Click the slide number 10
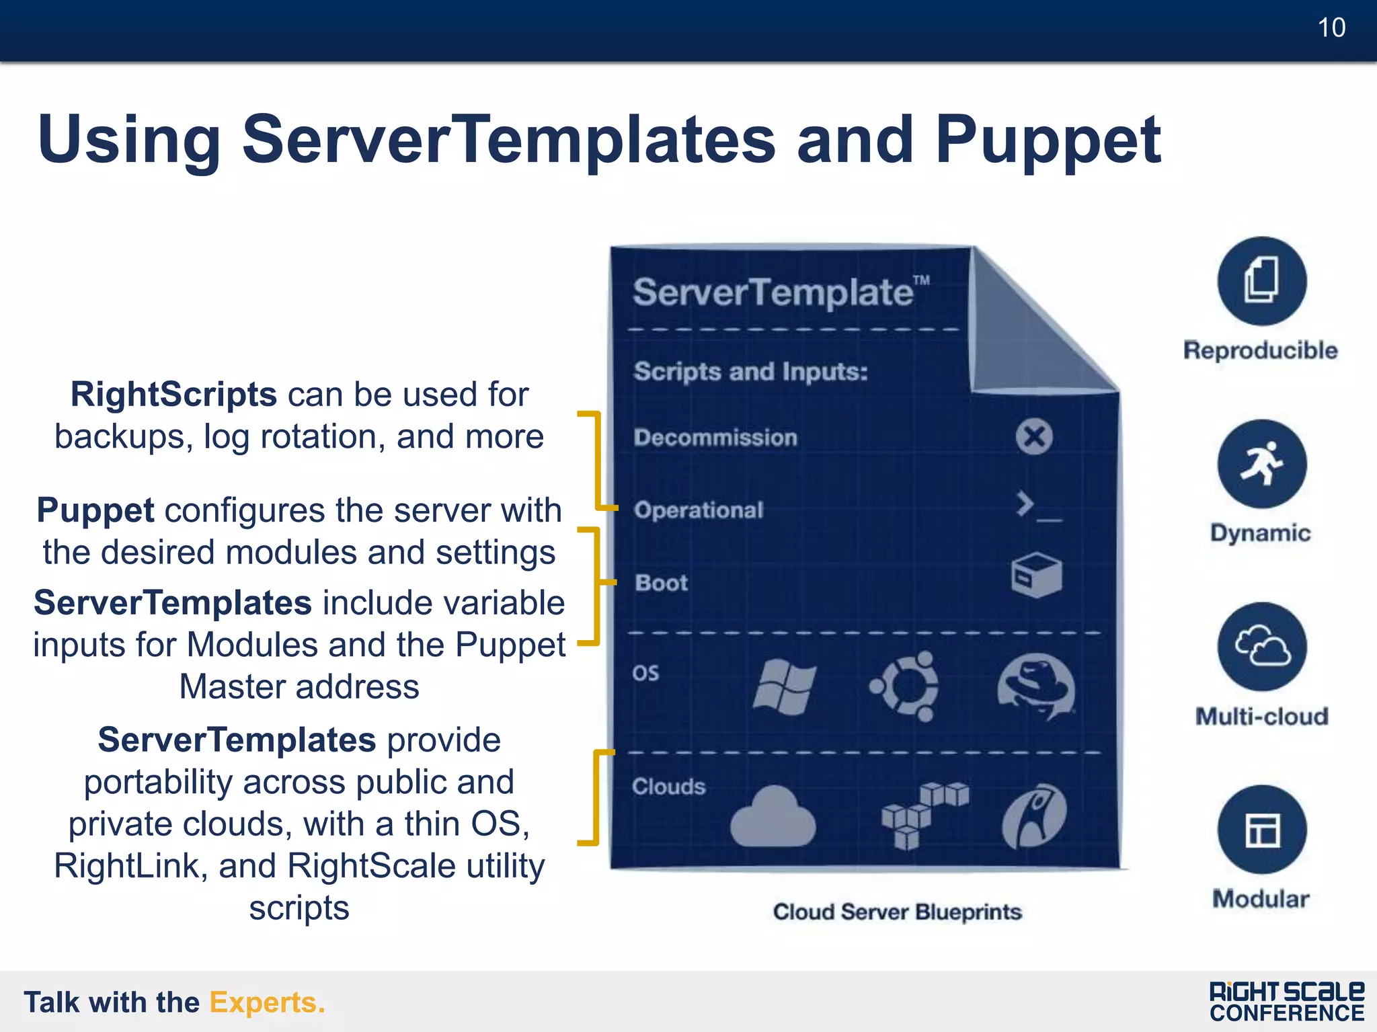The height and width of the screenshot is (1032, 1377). pyautogui.click(x=1331, y=28)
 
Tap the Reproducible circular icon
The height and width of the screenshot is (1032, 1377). pyautogui.click(x=1261, y=281)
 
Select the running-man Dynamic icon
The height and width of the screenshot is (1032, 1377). pyautogui.click(x=1261, y=464)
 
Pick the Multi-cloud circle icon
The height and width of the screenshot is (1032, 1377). pyautogui.click(x=1261, y=647)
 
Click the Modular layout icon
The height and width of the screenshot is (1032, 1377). pyautogui.click(x=1261, y=830)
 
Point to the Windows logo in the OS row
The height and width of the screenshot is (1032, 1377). pyautogui.click(x=784, y=686)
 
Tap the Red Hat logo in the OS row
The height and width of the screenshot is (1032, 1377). pyautogui.click(x=1035, y=686)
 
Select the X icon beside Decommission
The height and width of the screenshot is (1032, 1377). pyautogui.click(x=1034, y=437)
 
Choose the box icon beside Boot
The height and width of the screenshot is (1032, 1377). pyautogui.click(x=1036, y=575)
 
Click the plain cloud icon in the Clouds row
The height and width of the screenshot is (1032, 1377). pyautogui.click(x=773, y=817)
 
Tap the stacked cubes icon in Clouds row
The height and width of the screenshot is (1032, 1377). pyautogui.click(x=923, y=814)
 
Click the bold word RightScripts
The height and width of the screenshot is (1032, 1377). pyautogui.click(x=173, y=395)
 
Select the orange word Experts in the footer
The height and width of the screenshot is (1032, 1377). pyautogui.click(x=267, y=1002)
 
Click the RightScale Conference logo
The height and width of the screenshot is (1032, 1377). pyautogui.click(x=1286, y=1002)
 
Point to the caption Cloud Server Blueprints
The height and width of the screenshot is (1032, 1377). pyautogui.click(x=897, y=912)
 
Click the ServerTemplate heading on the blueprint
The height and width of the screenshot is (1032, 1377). pyautogui.click(x=773, y=292)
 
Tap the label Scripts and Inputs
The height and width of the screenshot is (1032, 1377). pyautogui.click(x=750, y=372)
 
